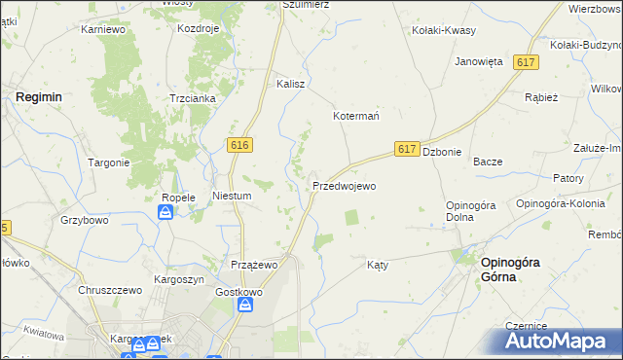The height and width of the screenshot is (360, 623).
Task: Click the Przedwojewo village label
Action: click(344, 185)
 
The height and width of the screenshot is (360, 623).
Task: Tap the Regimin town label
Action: click(39, 97)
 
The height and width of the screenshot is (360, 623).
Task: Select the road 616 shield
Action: click(241, 145)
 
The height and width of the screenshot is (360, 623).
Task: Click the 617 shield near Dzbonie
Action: click(408, 149)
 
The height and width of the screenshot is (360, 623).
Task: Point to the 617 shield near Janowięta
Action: click(527, 62)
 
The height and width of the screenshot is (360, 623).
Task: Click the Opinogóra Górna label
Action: click(512, 269)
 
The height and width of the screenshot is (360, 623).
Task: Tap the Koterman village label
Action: click(356, 114)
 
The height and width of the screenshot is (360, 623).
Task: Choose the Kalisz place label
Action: click(291, 84)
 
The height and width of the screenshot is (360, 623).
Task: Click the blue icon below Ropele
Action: click(166, 212)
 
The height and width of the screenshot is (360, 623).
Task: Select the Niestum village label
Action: click(233, 196)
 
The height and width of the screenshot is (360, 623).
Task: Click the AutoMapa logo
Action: click(558, 342)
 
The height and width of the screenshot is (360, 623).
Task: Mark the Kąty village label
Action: click(378, 265)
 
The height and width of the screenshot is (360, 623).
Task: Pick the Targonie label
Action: click(109, 162)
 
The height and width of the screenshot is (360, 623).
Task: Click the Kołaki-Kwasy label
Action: click(444, 30)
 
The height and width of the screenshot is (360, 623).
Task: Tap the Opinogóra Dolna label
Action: click(472, 210)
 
